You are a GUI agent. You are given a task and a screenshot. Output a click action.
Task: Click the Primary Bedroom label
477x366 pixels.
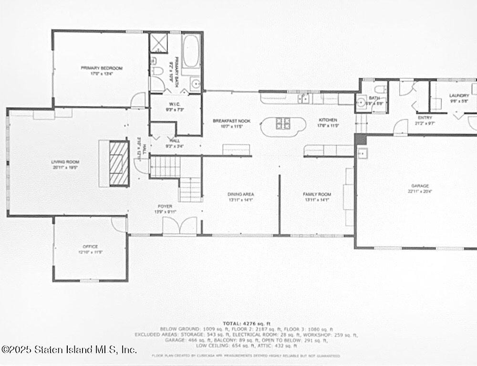tap(101, 69)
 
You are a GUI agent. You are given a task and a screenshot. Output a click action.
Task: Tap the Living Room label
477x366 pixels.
tap(64, 162)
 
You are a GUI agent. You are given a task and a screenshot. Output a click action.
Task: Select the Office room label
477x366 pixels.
tap(90, 247)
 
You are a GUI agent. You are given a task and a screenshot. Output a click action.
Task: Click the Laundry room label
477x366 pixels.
tap(459, 95)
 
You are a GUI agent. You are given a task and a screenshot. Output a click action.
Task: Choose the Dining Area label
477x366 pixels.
tap(240, 194)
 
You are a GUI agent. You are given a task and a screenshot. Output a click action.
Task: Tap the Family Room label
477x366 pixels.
tap(317, 194)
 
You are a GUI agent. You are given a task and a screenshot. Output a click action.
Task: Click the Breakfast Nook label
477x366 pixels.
tap(231, 121)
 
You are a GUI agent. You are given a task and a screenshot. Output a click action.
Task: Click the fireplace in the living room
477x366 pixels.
tap(119, 164)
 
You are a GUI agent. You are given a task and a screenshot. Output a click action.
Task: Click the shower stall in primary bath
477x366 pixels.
tap(159, 43)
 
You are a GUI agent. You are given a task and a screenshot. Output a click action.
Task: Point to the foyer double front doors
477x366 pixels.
tap(180, 226)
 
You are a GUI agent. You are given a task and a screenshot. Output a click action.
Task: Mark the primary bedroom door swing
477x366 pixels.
tap(138, 100)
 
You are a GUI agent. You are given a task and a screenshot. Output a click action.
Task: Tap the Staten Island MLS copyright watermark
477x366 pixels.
tap(69, 349)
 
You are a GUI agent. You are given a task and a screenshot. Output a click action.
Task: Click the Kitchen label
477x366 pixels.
tap(328, 120)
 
